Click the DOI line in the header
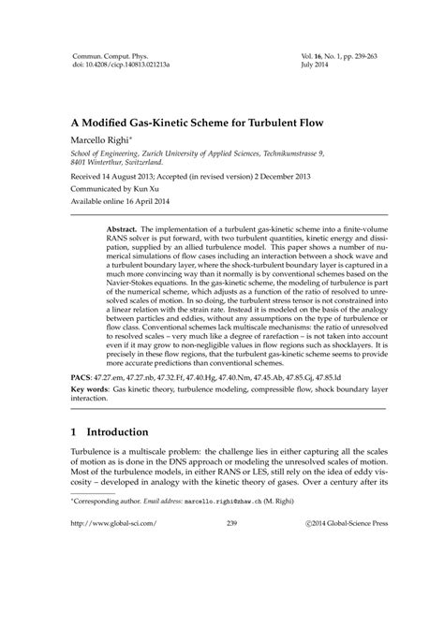pos(122,67)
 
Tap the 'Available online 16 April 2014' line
pos(129,201)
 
